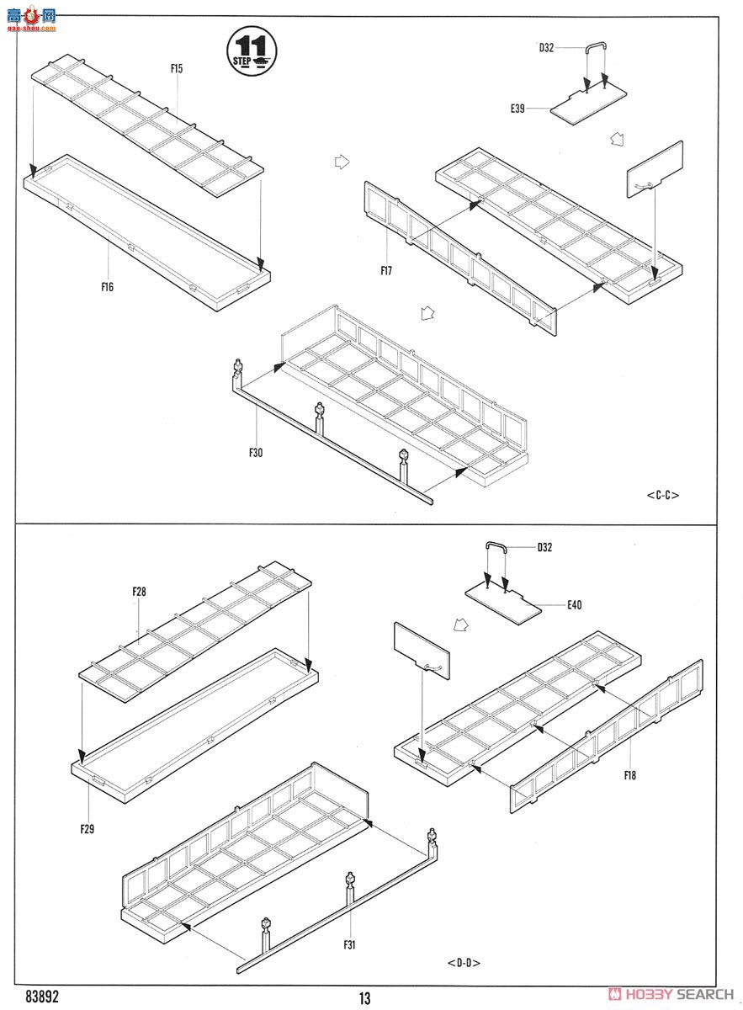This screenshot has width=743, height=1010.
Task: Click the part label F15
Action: click(176, 69)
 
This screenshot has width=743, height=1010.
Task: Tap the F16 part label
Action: click(107, 287)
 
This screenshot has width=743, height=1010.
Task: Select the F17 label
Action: click(386, 270)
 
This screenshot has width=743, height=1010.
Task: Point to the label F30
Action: click(256, 453)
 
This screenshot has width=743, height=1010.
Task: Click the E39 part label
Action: click(517, 109)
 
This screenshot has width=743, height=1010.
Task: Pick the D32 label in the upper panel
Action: click(547, 48)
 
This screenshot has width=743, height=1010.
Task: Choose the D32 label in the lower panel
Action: click(546, 548)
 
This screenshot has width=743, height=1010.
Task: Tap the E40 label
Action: click(575, 604)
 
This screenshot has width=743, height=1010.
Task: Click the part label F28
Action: click(139, 592)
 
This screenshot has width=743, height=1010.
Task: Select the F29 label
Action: click(88, 829)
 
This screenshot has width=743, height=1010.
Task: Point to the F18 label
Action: click(630, 775)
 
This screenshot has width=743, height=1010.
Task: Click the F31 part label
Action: click(349, 944)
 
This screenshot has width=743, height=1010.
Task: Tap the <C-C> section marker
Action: click(663, 495)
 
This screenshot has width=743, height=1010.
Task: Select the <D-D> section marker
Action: click(464, 963)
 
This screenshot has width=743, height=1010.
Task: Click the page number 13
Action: click(364, 998)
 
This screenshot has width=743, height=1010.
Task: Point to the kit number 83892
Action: click(42, 995)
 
